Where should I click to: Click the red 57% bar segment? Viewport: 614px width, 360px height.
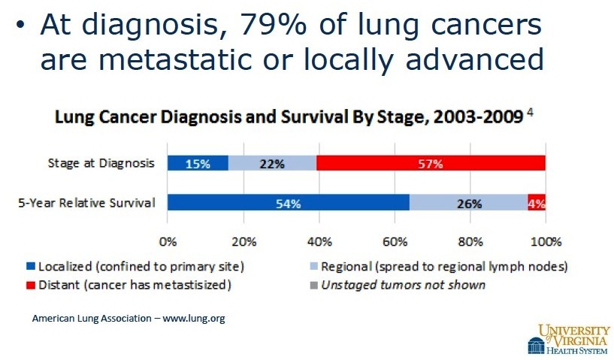(x=431, y=163)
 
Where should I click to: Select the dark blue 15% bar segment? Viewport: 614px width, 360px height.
(x=198, y=163)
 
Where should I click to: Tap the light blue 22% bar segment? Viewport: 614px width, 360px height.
(x=272, y=163)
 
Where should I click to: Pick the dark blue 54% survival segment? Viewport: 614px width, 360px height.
(x=289, y=202)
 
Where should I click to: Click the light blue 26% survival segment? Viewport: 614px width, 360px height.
(x=469, y=202)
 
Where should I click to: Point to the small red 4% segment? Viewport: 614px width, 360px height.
(x=537, y=202)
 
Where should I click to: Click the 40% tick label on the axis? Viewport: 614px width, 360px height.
(x=319, y=242)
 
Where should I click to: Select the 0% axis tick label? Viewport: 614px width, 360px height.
(x=168, y=242)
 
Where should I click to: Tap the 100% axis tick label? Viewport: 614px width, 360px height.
(x=546, y=242)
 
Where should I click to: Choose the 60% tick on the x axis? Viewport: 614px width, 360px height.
(x=395, y=242)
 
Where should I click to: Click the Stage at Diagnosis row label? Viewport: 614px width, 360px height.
(x=101, y=163)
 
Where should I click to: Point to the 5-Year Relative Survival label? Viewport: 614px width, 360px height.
(x=87, y=202)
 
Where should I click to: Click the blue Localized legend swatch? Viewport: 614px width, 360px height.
(x=31, y=267)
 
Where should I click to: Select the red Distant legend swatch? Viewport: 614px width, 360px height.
(x=31, y=285)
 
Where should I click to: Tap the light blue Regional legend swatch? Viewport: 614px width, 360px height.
(x=313, y=267)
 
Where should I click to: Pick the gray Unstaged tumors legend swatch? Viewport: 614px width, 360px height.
(x=313, y=285)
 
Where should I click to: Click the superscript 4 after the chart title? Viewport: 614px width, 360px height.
(x=530, y=113)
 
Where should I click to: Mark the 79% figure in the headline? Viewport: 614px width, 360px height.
(x=273, y=24)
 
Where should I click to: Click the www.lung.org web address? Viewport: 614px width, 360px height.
(x=194, y=318)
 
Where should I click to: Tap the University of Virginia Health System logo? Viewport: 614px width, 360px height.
(x=569, y=339)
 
